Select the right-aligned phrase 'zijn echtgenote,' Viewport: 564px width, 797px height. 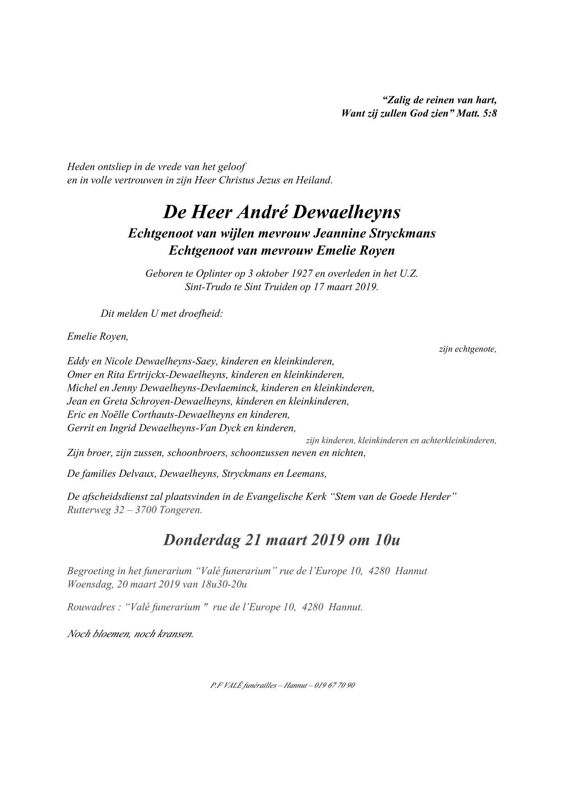(467, 349)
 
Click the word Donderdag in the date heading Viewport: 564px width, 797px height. (201, 540)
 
